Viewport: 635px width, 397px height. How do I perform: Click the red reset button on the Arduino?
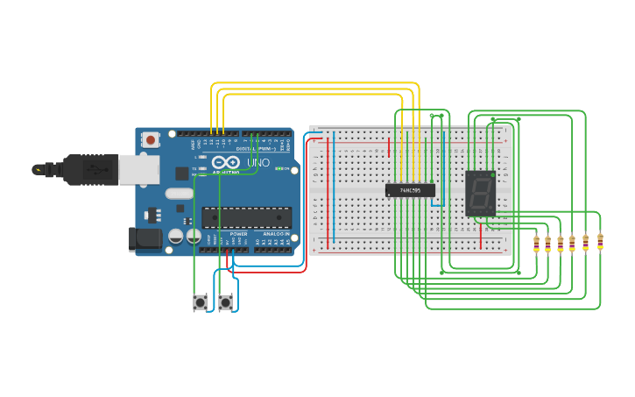(x=152, y=139)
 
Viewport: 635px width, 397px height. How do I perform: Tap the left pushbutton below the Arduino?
(x=201, y=303)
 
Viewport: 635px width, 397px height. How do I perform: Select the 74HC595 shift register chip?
(x=410, y=190)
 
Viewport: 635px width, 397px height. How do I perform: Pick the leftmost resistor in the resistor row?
(x=536, y=243)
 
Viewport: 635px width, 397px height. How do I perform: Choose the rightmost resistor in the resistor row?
(x=600, y=241)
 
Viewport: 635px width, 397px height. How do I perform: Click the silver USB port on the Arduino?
(x=139, y=170)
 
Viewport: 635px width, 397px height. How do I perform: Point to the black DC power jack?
(x=145, y=239)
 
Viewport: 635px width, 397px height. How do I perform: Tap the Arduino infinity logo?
(x=225, y=162)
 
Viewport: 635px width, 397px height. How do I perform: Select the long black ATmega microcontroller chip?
(x=247, y=217)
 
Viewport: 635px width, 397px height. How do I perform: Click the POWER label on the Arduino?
(x=238, y=234)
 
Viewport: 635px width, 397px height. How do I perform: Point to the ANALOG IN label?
(x=273, y=234)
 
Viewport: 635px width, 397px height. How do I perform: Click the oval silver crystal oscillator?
(x=179, y=194)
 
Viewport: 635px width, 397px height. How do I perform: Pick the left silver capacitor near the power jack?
(x=176, y=236)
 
